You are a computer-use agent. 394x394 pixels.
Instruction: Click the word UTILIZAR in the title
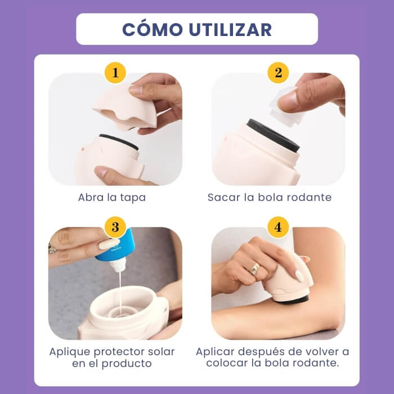click(229, 29)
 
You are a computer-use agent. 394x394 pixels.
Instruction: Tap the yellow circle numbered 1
click(115, 73)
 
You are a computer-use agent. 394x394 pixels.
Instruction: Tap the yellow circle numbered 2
click(278, 73)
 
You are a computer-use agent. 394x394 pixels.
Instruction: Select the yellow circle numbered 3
click(115, 227)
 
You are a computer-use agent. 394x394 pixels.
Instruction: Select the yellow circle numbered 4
click(278, 227)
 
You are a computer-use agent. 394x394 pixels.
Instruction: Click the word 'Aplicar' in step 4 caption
click(217, 352)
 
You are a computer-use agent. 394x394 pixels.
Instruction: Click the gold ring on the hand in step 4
click(255, 268)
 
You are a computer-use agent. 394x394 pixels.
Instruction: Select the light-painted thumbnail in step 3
click(109, 243)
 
